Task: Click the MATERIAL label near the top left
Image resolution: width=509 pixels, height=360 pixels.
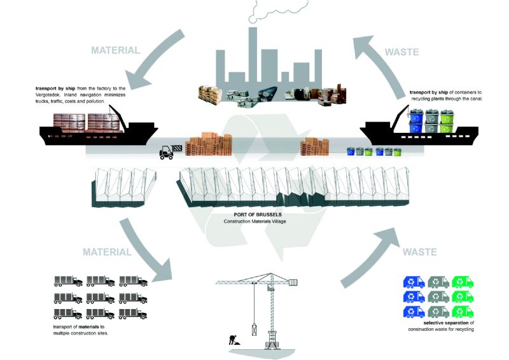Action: pyautogui.click(x=115, y=50)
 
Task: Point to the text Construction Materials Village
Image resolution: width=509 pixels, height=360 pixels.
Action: pyautogui.click(x=254, y=222)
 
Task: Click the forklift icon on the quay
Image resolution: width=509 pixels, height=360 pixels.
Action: pyautogui.click(x=167, y=152)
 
